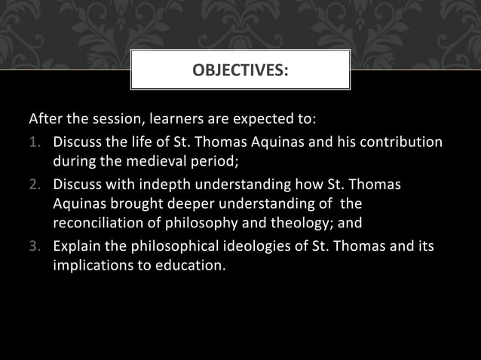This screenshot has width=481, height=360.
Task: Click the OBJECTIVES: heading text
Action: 240,71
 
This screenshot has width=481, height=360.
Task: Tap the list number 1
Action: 34,142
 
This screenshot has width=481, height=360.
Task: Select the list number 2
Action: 34,185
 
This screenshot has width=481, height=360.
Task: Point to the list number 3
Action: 34,246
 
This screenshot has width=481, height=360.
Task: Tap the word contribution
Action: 405,142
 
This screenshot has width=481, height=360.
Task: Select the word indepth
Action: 164,185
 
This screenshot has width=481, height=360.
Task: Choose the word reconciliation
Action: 99,224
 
